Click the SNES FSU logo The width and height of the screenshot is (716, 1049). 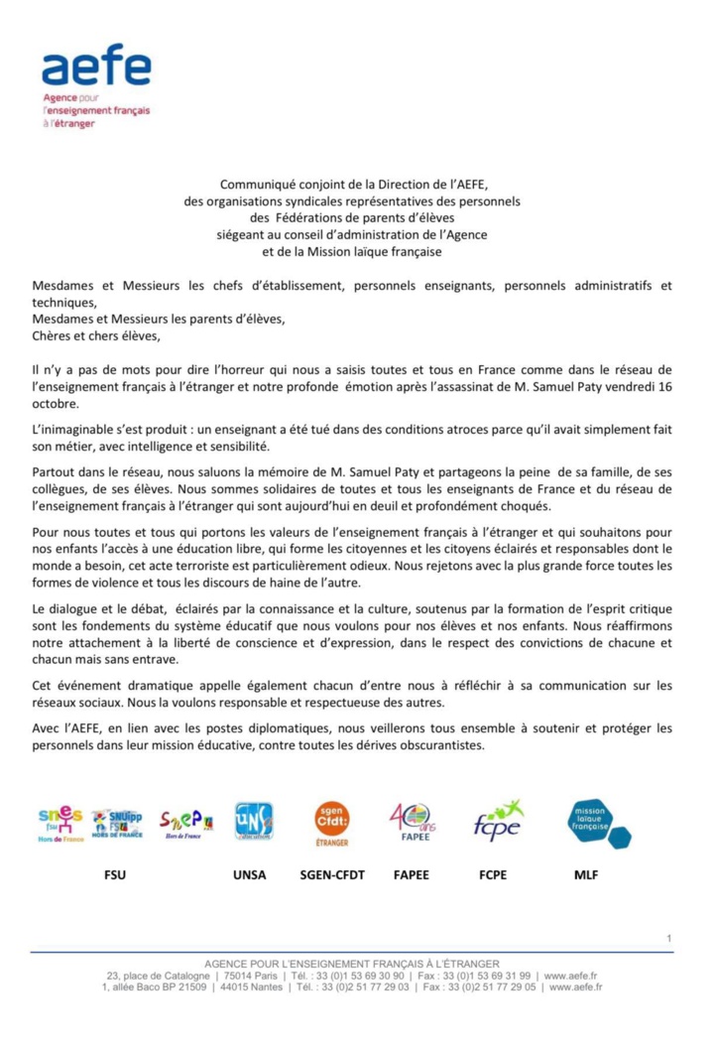pos(60,822)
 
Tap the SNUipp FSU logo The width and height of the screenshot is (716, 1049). pos(117,823)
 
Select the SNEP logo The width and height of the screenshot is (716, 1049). pos(186,823)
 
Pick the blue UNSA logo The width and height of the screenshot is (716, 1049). pos(254,822)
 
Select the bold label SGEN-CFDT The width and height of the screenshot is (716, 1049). pos(331,876)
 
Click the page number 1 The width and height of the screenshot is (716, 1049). pos(669,938)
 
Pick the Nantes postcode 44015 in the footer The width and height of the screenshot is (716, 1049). pos(239,987)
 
